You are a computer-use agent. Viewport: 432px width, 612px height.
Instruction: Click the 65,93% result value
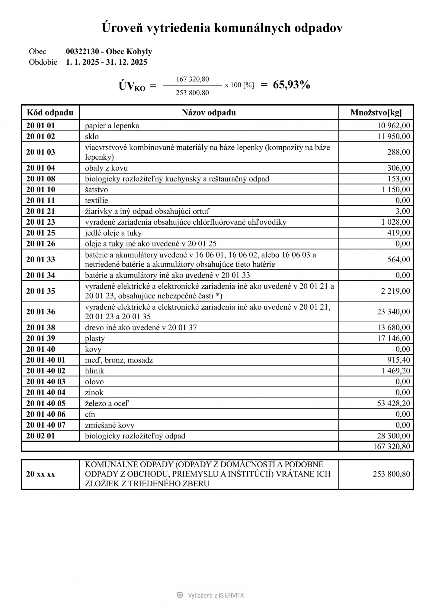click(291, 85)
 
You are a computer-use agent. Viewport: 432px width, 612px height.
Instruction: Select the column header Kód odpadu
click(50, 113)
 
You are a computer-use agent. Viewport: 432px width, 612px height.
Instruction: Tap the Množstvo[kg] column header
click(376, 113)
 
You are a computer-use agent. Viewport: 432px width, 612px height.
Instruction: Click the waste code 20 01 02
click(41, 136)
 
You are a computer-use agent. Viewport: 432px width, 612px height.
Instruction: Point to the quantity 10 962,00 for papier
click(394, 125)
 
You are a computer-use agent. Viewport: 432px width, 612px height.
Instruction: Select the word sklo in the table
click(92, 136)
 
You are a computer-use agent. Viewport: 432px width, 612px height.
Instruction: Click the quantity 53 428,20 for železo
click(394, 403)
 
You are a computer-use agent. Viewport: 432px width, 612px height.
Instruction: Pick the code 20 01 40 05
click(46, 403)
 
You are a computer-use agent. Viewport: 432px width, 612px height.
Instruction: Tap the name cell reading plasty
click(95, 338)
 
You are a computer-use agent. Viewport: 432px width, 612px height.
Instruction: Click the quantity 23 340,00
click(394, 311)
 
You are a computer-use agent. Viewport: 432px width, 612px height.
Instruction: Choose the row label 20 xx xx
click(41, 474)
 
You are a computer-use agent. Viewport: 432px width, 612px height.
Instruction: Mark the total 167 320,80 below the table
click(392, 446)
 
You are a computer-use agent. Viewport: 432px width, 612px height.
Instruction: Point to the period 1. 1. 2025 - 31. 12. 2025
click(107, 62)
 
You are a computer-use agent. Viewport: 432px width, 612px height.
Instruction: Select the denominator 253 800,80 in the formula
click(192, 93)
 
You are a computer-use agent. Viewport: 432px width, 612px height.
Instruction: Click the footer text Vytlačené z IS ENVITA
click(216, 596)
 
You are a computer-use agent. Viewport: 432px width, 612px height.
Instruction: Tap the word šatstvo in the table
click(96, 190)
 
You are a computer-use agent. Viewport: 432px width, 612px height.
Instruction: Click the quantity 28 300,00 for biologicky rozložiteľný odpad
click(394, 436)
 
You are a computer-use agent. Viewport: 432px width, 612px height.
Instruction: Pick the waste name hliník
click(94, 371)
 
